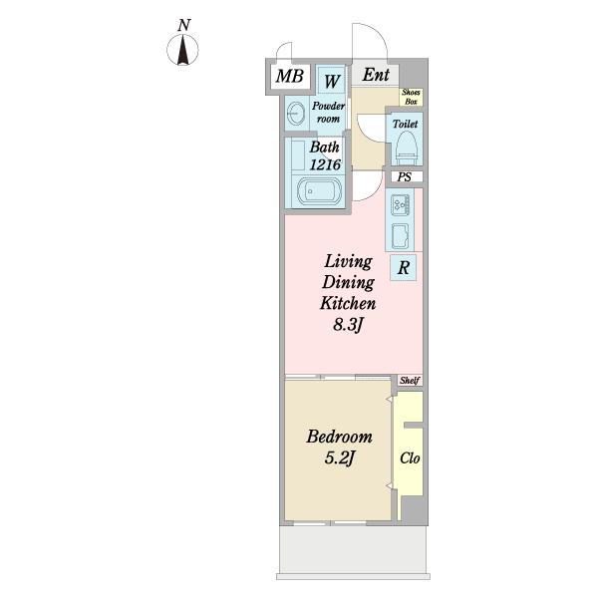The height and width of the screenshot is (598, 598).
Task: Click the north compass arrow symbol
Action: click(x=183, y=50)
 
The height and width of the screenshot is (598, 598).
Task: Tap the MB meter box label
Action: click(x=290, y=76)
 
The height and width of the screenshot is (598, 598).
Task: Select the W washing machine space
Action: click(x=332, y=80)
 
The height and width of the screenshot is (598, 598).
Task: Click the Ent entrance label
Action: click(x=376, y=75)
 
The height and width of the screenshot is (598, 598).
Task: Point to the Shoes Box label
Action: click(x=411, y=97)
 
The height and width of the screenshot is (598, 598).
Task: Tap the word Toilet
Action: click(x=405, y=124)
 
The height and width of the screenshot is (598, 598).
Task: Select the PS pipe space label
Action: click(x=405, y=177)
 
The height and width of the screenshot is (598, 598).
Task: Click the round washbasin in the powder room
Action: click(x=295, y=114)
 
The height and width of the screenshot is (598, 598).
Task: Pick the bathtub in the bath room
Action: click(x=319, y=191)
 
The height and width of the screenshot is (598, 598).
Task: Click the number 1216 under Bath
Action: click(x=325, y=164)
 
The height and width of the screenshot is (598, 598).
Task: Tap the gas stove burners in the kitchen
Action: click(x=400, y=204)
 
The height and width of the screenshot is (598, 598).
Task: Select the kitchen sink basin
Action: click(x=400, y=235)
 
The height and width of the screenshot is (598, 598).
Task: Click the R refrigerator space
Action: click(x=403, y=268)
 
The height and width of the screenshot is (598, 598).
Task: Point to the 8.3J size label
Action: click(x=347, y=325)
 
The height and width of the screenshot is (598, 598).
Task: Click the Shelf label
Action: click(x=410, y=381)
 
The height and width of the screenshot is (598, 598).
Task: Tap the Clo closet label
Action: click(x=410, y=458)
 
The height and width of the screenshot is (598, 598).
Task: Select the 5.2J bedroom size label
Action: click(x=340, y=458)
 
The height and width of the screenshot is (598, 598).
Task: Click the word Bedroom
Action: click(x=340, y=437)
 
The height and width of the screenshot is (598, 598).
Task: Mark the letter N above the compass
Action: click(x=183, y=25)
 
